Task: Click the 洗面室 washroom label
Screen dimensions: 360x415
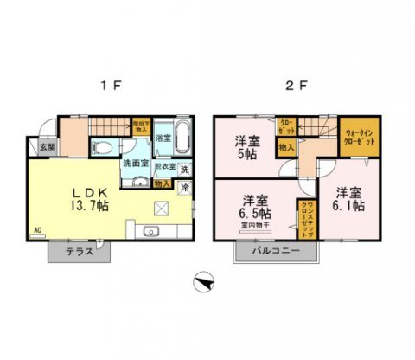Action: (x=135, y=163)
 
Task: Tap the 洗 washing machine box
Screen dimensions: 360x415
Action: (x=185, y=169)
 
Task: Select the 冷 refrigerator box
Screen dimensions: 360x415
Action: (x=185, y=186)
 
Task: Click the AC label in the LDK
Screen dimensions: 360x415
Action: (x=37, y=230)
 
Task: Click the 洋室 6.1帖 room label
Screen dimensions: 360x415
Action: (x=349, y=198)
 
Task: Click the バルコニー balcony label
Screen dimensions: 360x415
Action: (x=276, y=251)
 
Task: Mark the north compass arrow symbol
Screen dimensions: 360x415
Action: (x=202, y=281)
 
